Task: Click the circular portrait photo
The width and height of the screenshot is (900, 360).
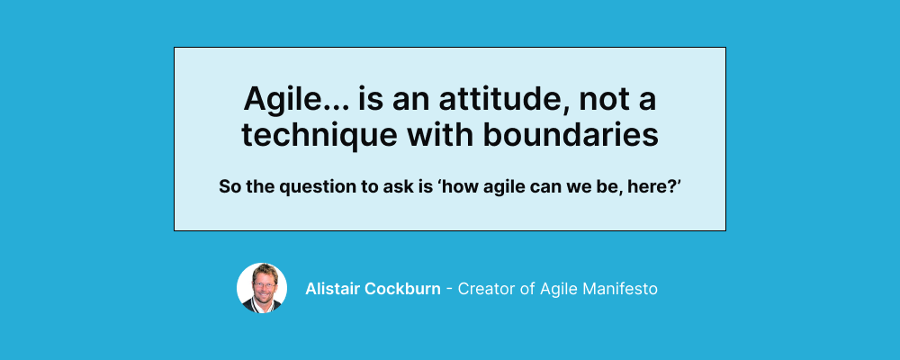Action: pos(262,288)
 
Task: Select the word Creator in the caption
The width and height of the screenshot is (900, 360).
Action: pos(487,289)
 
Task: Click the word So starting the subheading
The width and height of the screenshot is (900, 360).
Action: pos(229,187)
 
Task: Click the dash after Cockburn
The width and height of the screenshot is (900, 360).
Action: pos(450,289)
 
